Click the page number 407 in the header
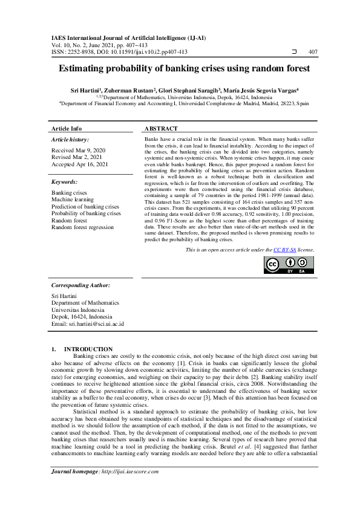tap(313, 52)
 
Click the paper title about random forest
tap(180, 70)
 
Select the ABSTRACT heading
tap(161, 129)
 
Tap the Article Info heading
tap(67, 129)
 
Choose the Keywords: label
tap(65, 181)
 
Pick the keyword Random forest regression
tap(82, 227)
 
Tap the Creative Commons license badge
tap(289, 265)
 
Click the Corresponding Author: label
tap(80, 285)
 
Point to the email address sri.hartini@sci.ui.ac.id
tap(88, 324)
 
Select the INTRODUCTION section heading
tap(88, 349)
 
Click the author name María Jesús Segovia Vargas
tap(263, 89)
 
